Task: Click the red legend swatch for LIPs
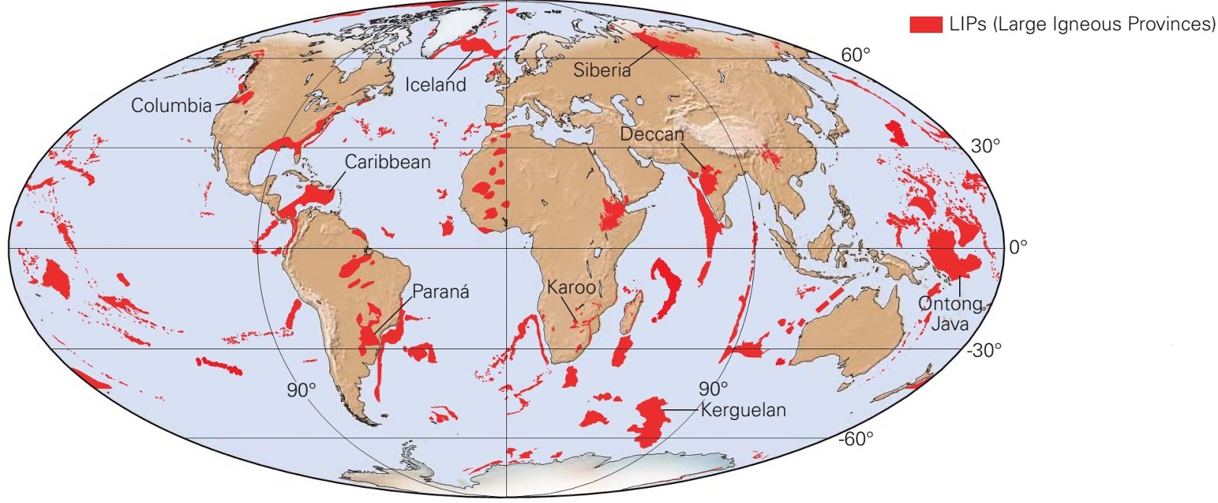[x=926, y=24]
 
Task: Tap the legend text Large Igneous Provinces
[x=1082, y=24]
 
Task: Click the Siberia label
[x=601, y=71]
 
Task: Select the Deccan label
[x=652, y=135]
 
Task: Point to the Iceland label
[x=435, y=84]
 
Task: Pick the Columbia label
[x=171, y=106]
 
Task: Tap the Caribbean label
[x=387, y=162]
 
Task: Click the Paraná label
[x=441, y=291]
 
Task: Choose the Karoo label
[x=571, y=288]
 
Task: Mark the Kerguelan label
[x=742, y=411]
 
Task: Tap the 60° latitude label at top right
[x=855, y=56]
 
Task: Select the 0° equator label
[x=1017, y=247]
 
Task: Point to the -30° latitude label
[x=984, y=351]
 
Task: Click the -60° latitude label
[x=856, y=440]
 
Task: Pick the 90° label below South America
[x=301, y=390]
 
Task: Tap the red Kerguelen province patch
[x=649, y=420]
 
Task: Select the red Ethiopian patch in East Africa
[x=613, y=213]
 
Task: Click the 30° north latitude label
[x=986, y=146]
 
